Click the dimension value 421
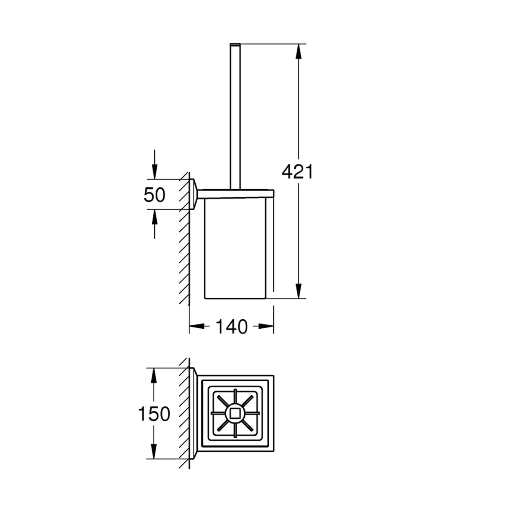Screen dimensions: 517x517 [x=297, y=172]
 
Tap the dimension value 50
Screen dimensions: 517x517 [x=154, y=195]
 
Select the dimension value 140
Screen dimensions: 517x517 [x=231, y=327]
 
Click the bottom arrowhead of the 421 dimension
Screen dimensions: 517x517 [x=298, y=291]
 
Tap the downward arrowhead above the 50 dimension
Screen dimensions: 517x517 [x=154, y=171]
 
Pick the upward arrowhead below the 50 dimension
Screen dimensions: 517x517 [x=154, y=217]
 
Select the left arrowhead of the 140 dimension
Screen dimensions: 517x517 [x=197, y=326]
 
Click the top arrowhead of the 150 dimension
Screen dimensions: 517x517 [x=153, y=376]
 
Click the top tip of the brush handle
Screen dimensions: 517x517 [x=235, y=44]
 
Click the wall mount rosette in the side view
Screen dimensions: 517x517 [x=194, y=194]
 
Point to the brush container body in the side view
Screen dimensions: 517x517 [x=235, y=249]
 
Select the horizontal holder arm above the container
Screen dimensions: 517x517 [x=236, y=194]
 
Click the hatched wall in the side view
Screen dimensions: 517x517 [x=184, y=239]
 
